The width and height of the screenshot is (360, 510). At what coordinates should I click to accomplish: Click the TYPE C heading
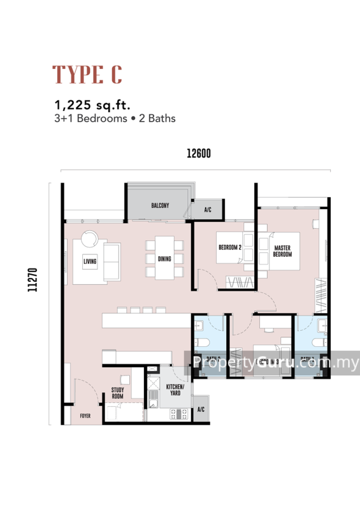(87, 75)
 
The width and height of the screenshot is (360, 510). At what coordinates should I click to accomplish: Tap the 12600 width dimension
(198, 154)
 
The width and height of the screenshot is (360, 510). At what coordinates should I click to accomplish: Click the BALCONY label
(160, 205)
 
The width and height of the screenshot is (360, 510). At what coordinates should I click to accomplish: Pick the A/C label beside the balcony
(208, 209)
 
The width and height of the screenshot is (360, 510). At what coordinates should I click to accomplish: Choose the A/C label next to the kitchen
(201, 409)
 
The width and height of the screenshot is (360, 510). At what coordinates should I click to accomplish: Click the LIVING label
(89, 261)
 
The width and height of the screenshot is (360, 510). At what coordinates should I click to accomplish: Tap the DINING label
(165, 259)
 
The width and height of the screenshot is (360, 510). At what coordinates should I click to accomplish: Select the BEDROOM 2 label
(229, 247)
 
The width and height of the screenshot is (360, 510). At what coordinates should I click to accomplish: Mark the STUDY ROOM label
(118, 392)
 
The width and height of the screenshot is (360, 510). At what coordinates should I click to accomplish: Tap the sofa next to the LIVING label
(112, 261)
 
